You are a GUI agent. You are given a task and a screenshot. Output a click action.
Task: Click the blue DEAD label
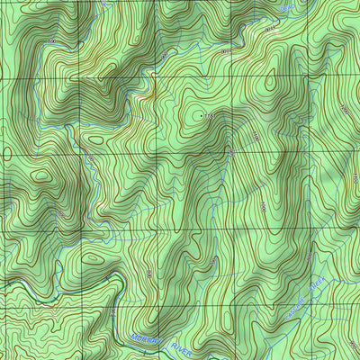click(x=286, y=8)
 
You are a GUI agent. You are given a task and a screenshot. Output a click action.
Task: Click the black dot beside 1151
click(x=197, y=117)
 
